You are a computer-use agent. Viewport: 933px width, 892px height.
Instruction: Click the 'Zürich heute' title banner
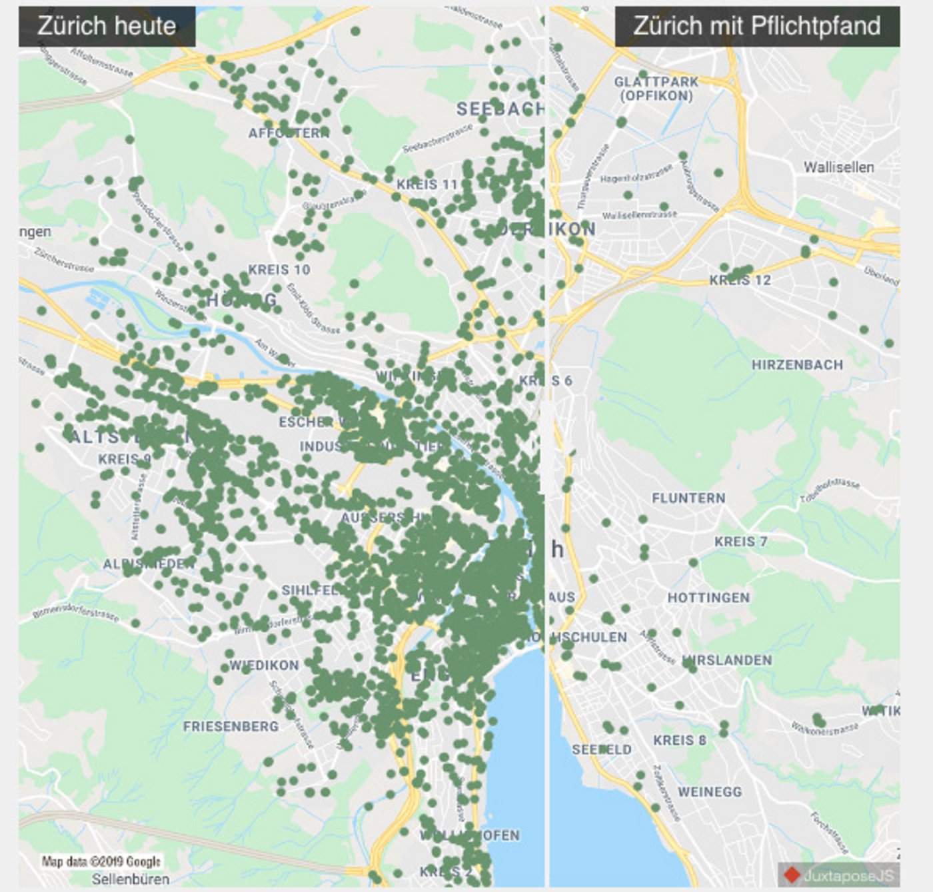pos(107,26)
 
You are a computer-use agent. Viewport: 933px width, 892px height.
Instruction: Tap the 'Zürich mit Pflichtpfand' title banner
pos(756,26)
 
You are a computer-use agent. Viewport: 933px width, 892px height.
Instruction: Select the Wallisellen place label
pos(838,167)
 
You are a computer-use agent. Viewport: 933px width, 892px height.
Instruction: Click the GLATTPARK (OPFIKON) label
pos(656,89)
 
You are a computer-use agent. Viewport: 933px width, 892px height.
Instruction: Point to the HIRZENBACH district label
pos(797,365)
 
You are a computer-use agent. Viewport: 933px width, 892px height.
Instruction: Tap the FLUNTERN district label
pos(688,498)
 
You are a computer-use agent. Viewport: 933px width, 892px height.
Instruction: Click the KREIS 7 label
pos(740,542)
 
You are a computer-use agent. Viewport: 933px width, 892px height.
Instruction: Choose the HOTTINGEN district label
pos(708,598)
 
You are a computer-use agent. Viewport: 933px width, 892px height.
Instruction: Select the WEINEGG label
pos(710,792)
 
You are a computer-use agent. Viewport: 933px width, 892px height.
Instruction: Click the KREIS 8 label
pos(679,740)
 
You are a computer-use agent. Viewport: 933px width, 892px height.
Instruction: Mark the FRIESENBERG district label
pos(231,726)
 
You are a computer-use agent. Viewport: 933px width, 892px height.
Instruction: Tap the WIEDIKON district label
pos(264,666)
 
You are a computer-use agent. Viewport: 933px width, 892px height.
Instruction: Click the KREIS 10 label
pos(279,270)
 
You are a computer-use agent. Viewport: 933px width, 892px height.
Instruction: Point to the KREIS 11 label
pos(427,185)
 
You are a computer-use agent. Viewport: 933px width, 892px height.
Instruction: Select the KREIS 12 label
pos(740,280)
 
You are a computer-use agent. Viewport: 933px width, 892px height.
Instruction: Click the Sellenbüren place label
pos(131,879)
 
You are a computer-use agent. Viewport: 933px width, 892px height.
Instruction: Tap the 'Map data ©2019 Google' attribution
pos(101,861)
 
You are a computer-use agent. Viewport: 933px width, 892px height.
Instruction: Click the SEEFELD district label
pos(601,749)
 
